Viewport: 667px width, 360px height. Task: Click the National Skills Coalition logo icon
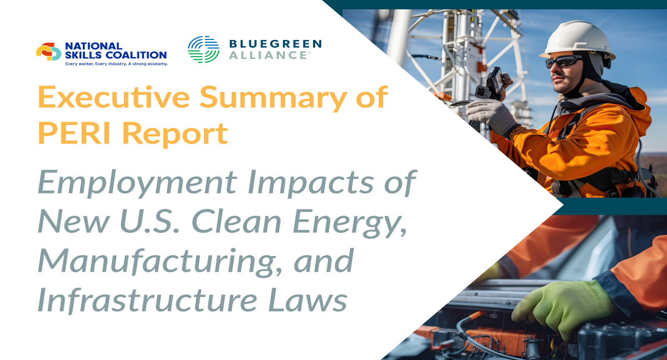tap(48, 52)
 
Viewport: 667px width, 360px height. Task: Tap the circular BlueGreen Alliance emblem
tap(203, 49)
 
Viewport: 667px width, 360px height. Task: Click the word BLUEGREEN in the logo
tap(276, 44)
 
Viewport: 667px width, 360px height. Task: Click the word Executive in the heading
tap(114, 97)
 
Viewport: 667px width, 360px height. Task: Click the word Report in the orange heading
tap(175, 135)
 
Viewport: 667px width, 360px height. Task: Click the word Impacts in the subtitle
tap(310, 182)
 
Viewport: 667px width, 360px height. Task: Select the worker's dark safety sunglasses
tap(564, 61)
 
